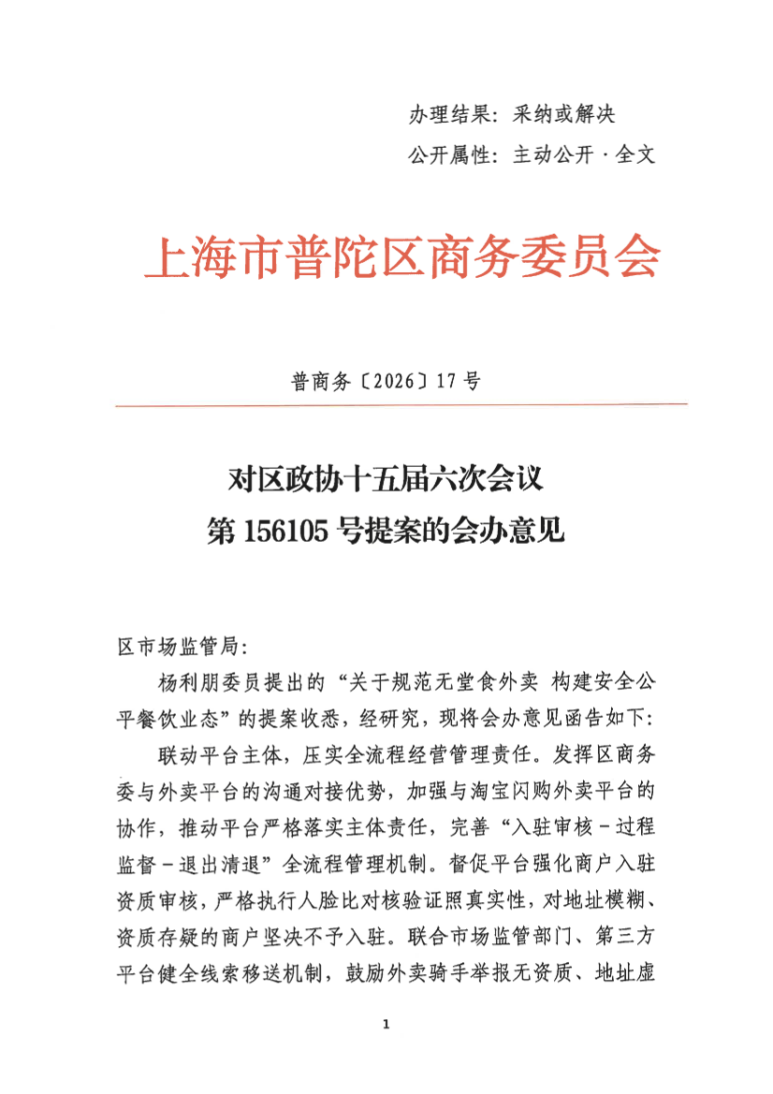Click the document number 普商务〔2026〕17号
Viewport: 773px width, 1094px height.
386,382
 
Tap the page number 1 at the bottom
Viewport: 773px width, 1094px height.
386,1026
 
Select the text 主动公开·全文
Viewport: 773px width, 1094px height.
583,155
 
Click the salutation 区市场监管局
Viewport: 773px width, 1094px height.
177,647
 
